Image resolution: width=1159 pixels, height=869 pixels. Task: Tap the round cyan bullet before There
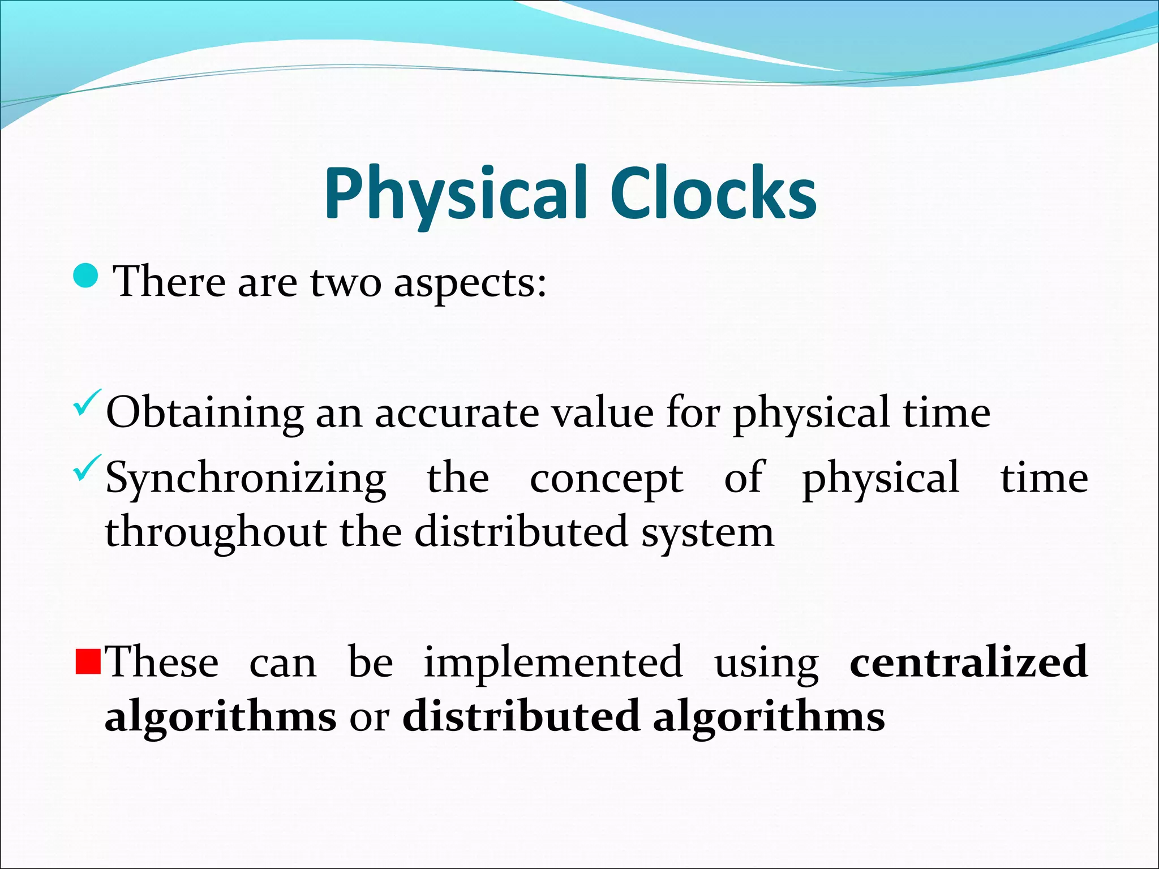[x=87, y=276]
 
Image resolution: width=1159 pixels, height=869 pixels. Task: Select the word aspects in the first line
[x=470, y=283]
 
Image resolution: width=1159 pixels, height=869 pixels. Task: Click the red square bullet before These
[x=88, y=662]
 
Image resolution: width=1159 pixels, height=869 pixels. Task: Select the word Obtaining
[x=204, y=414]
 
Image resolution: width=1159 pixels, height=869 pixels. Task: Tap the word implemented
[x=553, y=662]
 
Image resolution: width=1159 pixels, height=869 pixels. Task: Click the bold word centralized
[x=968, y=662]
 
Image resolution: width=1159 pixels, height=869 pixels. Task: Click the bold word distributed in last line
[x=521, y=716]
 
